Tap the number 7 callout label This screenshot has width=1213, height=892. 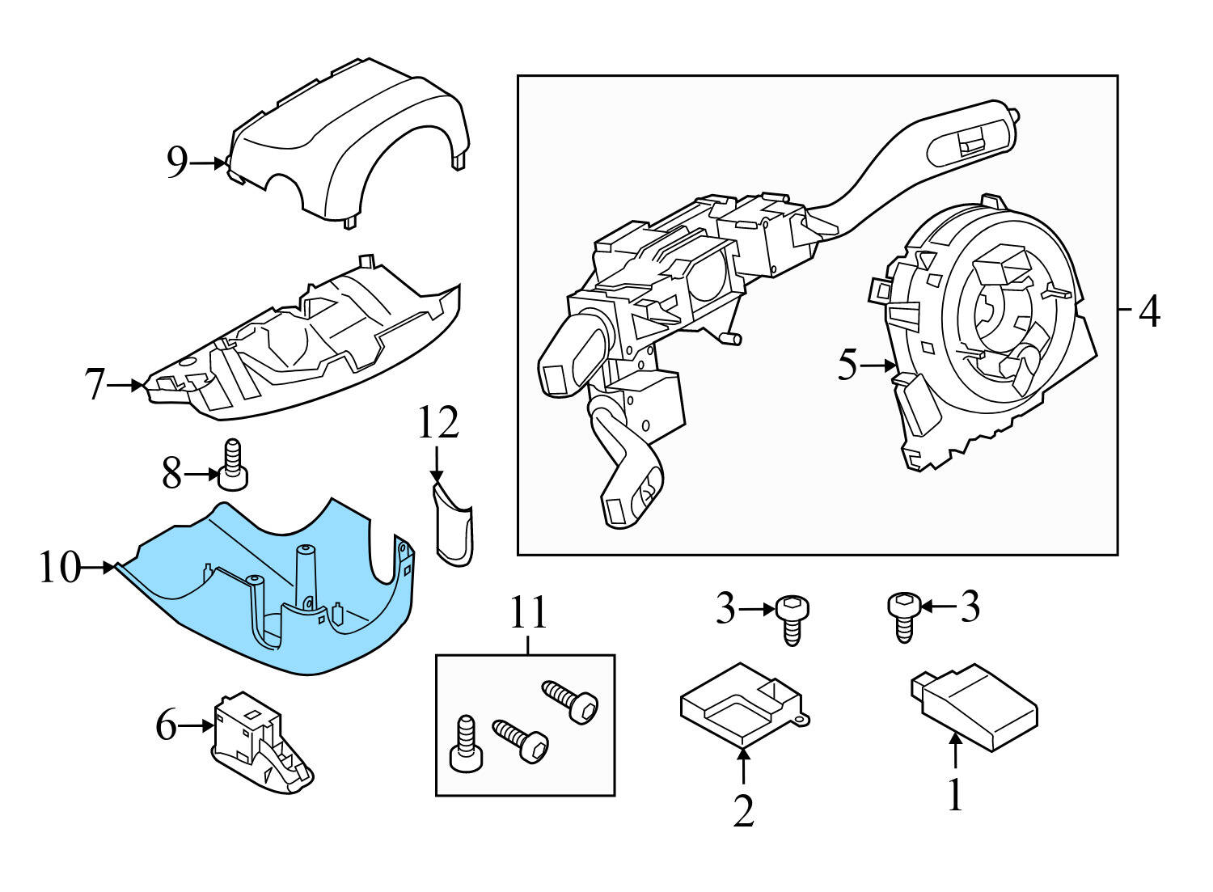point(95,385)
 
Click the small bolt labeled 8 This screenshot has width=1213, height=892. point(233,464)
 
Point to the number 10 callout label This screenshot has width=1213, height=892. point(61,568)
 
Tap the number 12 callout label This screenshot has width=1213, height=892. point(437,423)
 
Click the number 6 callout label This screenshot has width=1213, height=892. point(166,725)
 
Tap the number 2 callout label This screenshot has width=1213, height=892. point(743,810)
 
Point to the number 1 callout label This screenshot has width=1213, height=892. point(955,794)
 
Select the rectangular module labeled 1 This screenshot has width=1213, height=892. point(974,706)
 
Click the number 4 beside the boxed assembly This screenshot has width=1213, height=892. point(1149,311)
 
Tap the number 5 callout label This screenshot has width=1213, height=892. point(847,366)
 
